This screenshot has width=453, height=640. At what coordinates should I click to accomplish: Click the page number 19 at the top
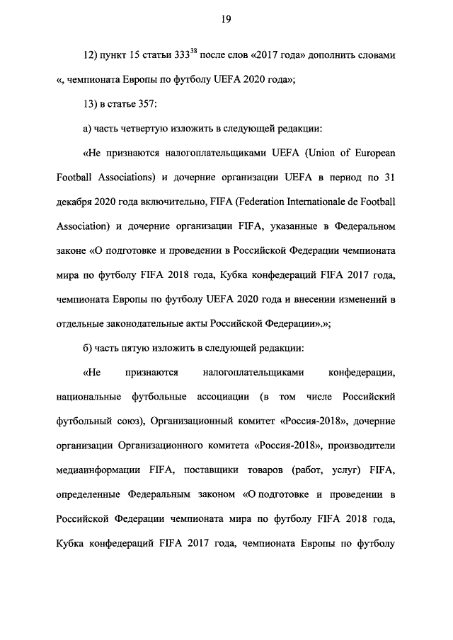click(x=226, y=19)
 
